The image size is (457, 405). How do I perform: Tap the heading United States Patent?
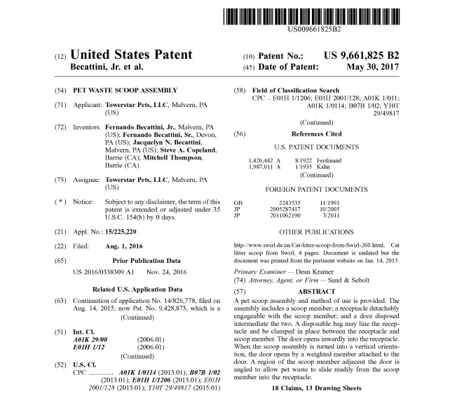[x=131, y=55]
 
